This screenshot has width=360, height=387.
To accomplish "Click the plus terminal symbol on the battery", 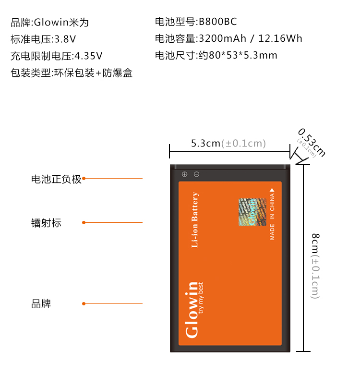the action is click(x=184, y=174).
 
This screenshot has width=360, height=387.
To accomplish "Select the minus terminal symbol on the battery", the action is click(x=196, y=174).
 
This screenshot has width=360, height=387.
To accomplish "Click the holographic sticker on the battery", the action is click(x=252, y=212).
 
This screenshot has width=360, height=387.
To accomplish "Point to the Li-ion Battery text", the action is click(x=195, y=220).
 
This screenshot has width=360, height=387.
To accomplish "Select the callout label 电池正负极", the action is click(x=57, y=179).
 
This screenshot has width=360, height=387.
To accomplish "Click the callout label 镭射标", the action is click(x=47, y=223).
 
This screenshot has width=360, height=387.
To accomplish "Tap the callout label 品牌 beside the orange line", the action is click(x=41, y=304).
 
